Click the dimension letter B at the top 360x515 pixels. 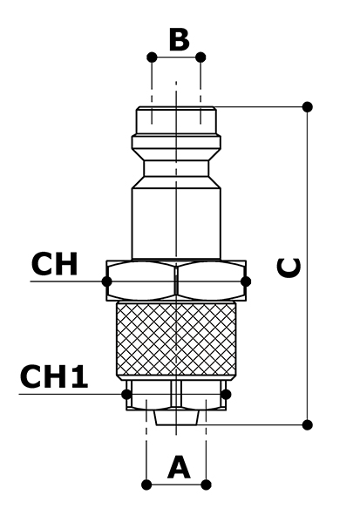point(179,40)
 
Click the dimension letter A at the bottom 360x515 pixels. point(179,467)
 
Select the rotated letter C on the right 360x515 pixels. point(289,268)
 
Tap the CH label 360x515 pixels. point(55,264)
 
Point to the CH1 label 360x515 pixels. point(54,376)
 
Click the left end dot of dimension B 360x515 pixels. point(152,58)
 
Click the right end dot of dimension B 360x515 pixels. point(200,58)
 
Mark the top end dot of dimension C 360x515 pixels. point(307,106)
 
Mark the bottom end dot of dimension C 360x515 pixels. point(307,424)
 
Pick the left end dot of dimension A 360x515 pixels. point(146,485)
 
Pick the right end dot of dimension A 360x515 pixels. point(206,485)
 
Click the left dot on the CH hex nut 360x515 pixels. point(106,281)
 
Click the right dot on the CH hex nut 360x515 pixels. point(246,281)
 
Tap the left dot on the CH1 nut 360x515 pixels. point(126,394)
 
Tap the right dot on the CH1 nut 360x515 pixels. point(226,394)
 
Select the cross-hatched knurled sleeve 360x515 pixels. point(176,340)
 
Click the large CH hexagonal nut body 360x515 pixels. point(176,281)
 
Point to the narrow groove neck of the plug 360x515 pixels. point(176,168)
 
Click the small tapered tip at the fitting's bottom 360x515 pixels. point(176,417)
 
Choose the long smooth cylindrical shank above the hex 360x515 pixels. point(176,223)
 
